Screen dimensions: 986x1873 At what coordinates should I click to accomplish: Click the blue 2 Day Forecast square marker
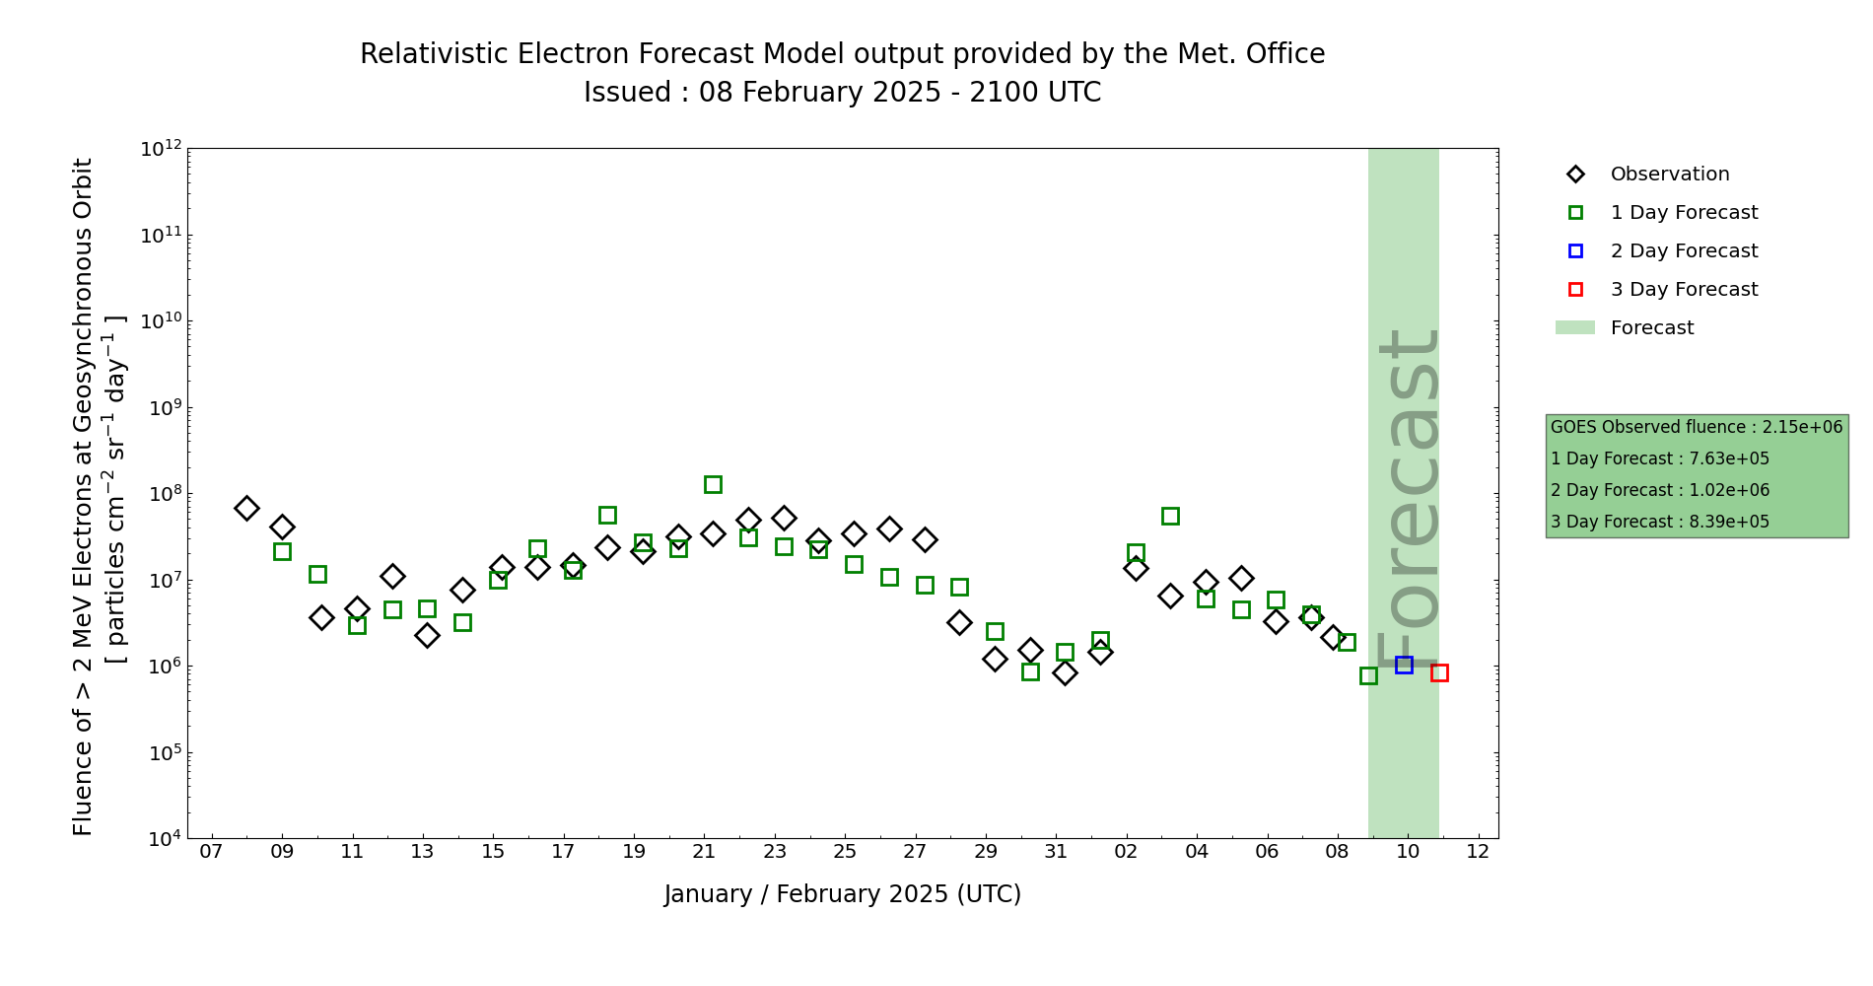tap(1404, 666)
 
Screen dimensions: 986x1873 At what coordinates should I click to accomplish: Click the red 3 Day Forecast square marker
tap(1439, 673)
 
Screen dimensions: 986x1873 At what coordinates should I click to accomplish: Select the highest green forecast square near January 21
tap(713, 484)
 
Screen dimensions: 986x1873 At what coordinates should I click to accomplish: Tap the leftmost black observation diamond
tap(246, 508)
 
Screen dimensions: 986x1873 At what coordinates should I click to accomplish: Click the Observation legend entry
tap(1669, 175)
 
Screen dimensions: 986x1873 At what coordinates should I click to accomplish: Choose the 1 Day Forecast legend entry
tap(1684, 213)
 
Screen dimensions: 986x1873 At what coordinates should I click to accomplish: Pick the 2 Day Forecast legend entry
tap(1684, 251)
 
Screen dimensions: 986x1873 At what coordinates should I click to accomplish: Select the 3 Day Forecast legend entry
tap(1684, 290)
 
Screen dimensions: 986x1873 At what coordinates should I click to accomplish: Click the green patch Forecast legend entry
tap(1651, 328)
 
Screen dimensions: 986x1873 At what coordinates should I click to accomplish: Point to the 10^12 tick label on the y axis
tap(161, 149)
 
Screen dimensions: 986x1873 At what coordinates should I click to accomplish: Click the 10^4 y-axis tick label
tap(164, 839)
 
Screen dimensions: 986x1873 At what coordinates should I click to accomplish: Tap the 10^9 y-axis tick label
tap(164, 408)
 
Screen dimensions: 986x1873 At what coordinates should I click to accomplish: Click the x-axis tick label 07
tap(211, 852)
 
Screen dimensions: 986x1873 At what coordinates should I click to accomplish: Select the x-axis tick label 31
tap(1056, 852)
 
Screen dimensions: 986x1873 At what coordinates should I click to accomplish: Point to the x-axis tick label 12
tap(1478, 852)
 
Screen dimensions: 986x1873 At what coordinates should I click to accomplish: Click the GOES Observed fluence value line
tap(1697, 428)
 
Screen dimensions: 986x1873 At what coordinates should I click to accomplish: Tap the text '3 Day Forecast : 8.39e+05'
tap(1660, 523)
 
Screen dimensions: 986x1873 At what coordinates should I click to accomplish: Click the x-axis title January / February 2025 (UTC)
tap(843, 894)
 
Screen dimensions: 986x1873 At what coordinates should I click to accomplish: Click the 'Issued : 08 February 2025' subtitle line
tap(843, 93)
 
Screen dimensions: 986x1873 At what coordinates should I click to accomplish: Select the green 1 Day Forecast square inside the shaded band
tap(1368, 675)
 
